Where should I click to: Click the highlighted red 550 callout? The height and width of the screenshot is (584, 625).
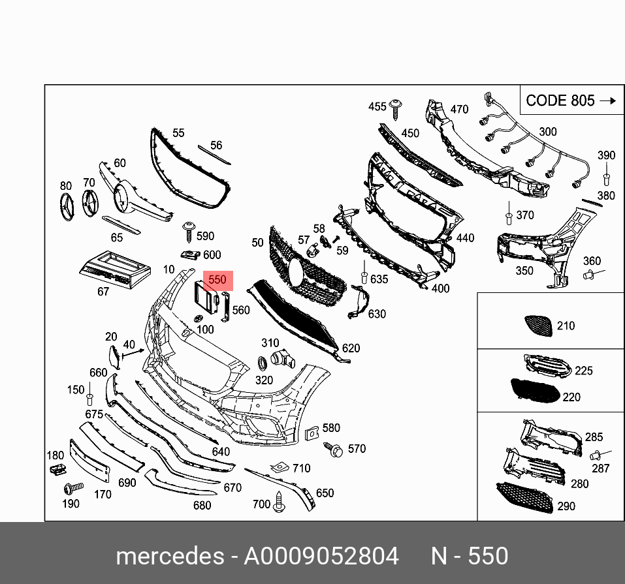217,281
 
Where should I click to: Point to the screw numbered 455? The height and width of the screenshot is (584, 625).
396,107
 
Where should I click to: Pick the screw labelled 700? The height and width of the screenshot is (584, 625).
280,502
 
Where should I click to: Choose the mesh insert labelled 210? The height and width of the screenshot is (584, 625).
538,324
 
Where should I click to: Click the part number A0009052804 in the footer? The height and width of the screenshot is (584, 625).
321,556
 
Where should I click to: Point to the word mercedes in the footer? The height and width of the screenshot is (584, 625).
169,556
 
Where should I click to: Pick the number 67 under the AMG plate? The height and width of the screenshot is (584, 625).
103,292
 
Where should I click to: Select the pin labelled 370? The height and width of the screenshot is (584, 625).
508,215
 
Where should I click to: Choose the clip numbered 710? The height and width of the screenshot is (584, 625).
280,467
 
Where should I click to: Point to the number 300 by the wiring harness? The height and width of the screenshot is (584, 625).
547,132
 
